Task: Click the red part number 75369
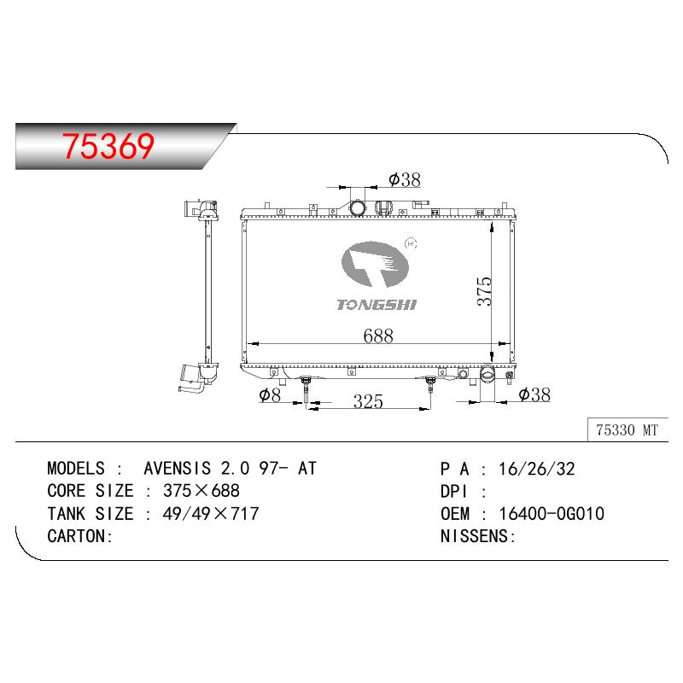pyautogui.click(x=108, y=145)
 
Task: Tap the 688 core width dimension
pyautogui.click(x=377, y=336)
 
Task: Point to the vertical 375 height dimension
pyautogui.click(x=484, y=291)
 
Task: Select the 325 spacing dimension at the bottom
pyautogui.click(x=368, y=401)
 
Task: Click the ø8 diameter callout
pyautogui.click(x=270, y=395)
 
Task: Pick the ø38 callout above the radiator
pyautogui.click(x=405, y=179)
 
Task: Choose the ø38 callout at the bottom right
pyautogui.click(x=534, y=394)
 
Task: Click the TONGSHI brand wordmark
pyautogui.click(x=377, y=305)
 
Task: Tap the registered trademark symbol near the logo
pyautogui.click(x=411, y=243)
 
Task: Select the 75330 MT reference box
pyautogui.click(x=628, y=430)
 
